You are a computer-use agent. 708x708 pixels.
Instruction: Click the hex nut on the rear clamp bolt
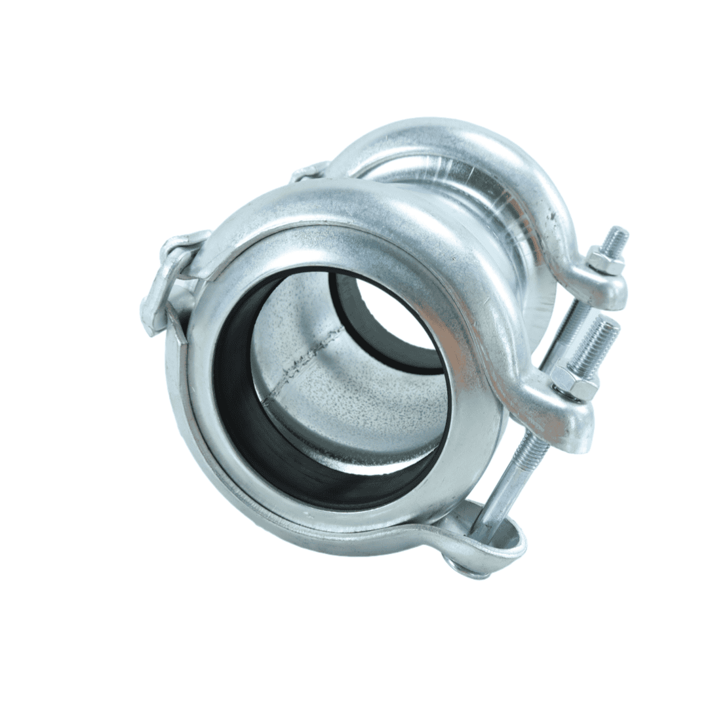pyautogui.click(x=603, y=262)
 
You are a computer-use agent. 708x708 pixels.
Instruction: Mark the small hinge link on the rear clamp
pyautogui.click(x=308, y=172)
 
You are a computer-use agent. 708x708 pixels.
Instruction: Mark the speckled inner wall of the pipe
pyautogui.click(x=354, y=406)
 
